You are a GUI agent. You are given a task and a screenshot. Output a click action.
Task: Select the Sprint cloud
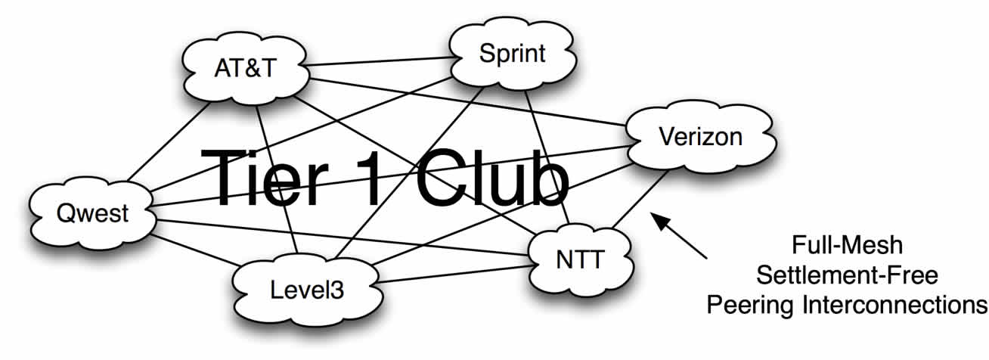point(512,54)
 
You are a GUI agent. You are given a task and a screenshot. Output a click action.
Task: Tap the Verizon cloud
point(700,138)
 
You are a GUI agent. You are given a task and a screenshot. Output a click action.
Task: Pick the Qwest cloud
point(92,214)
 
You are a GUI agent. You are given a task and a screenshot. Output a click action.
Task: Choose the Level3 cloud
point(307,288)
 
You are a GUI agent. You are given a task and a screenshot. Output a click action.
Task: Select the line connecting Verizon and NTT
point(641,198)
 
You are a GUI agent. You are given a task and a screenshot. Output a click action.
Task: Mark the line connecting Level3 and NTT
point(454,275)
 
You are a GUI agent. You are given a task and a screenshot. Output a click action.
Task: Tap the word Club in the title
point(491,176)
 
